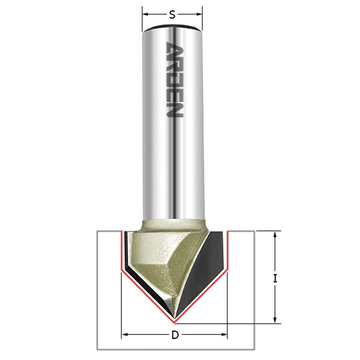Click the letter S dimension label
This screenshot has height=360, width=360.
pos(172,15)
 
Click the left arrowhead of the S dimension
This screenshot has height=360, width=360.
pos(145,15)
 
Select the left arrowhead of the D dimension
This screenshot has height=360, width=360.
pos(125,335)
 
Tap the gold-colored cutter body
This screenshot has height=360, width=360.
pos(153,256)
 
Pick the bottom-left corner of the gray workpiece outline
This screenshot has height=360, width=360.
pos(98,349)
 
